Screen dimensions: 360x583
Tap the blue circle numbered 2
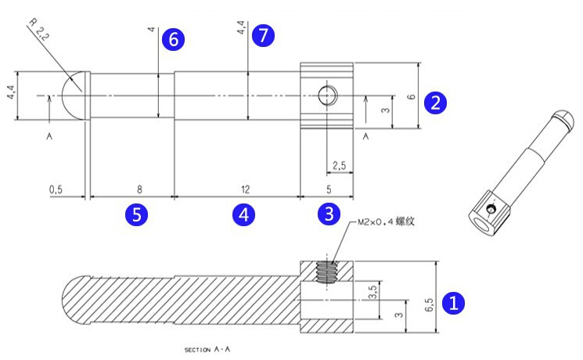click(x=435, y=102)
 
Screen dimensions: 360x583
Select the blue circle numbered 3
click(x=328, y=214)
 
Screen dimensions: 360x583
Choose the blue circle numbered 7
click(x=264, y=34)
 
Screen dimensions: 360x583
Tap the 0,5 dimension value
click(x=56, y=189)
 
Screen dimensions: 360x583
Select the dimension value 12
click(x=245, y=189)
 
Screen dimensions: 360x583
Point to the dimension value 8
click(x=139, y=189)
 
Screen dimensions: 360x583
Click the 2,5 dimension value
click(x=339, y=166)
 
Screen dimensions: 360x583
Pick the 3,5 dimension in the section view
click(x=373, y=293)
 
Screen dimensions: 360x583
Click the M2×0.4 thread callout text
click(x=385, y=221)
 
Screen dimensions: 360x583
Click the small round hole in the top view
click(x=327, y=96)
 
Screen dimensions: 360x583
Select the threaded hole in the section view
click(x=327, y=272)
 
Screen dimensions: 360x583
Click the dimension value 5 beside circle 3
click(x=328, y=189)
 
